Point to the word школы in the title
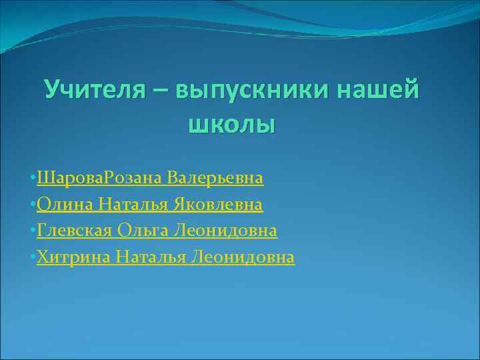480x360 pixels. click(232, 123)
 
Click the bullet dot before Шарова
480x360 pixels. click(33, 179)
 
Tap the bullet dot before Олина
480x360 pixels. click(33, 205)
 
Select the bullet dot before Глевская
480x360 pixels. click(33, 231)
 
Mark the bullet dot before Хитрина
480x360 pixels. click(33, 257)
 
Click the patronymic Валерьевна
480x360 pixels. click(215, 179)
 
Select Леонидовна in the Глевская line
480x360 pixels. click(225, 231)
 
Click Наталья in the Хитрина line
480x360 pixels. click(151, 257)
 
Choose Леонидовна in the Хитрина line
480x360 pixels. click(242, 257)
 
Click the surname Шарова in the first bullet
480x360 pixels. click(67, 179)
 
